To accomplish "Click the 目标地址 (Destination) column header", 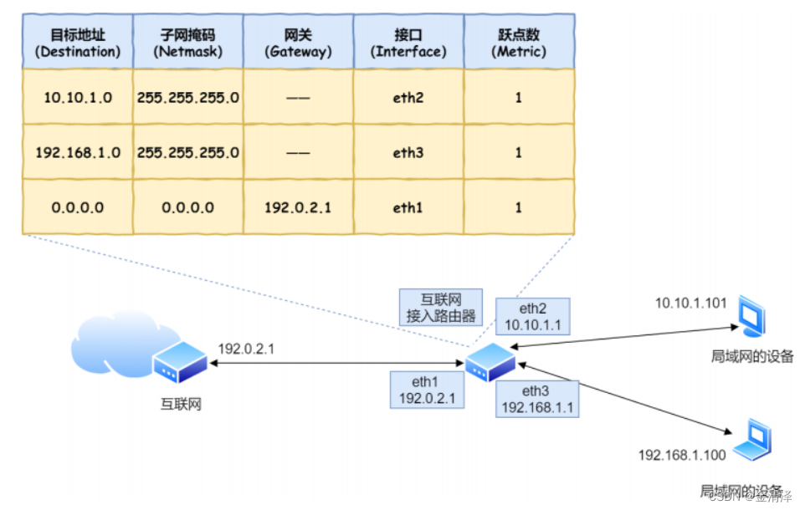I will tap(77, 42).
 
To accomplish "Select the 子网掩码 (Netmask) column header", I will tap(188, 42).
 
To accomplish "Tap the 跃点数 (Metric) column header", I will tap(518, 42).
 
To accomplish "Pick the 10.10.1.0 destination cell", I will tap(77, 97).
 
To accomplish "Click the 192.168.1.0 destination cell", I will tap(77, 152).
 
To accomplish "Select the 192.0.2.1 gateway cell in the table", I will tap(298, 207).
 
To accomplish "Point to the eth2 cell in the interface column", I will tap(408, 97).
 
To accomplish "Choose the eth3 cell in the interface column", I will tap(408, 152).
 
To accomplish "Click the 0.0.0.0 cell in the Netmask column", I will tap(188, 207).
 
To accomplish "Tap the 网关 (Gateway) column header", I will tap(298, 42).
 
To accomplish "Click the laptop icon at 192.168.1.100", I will tap(752, 442).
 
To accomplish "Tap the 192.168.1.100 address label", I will tap(681, 455).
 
